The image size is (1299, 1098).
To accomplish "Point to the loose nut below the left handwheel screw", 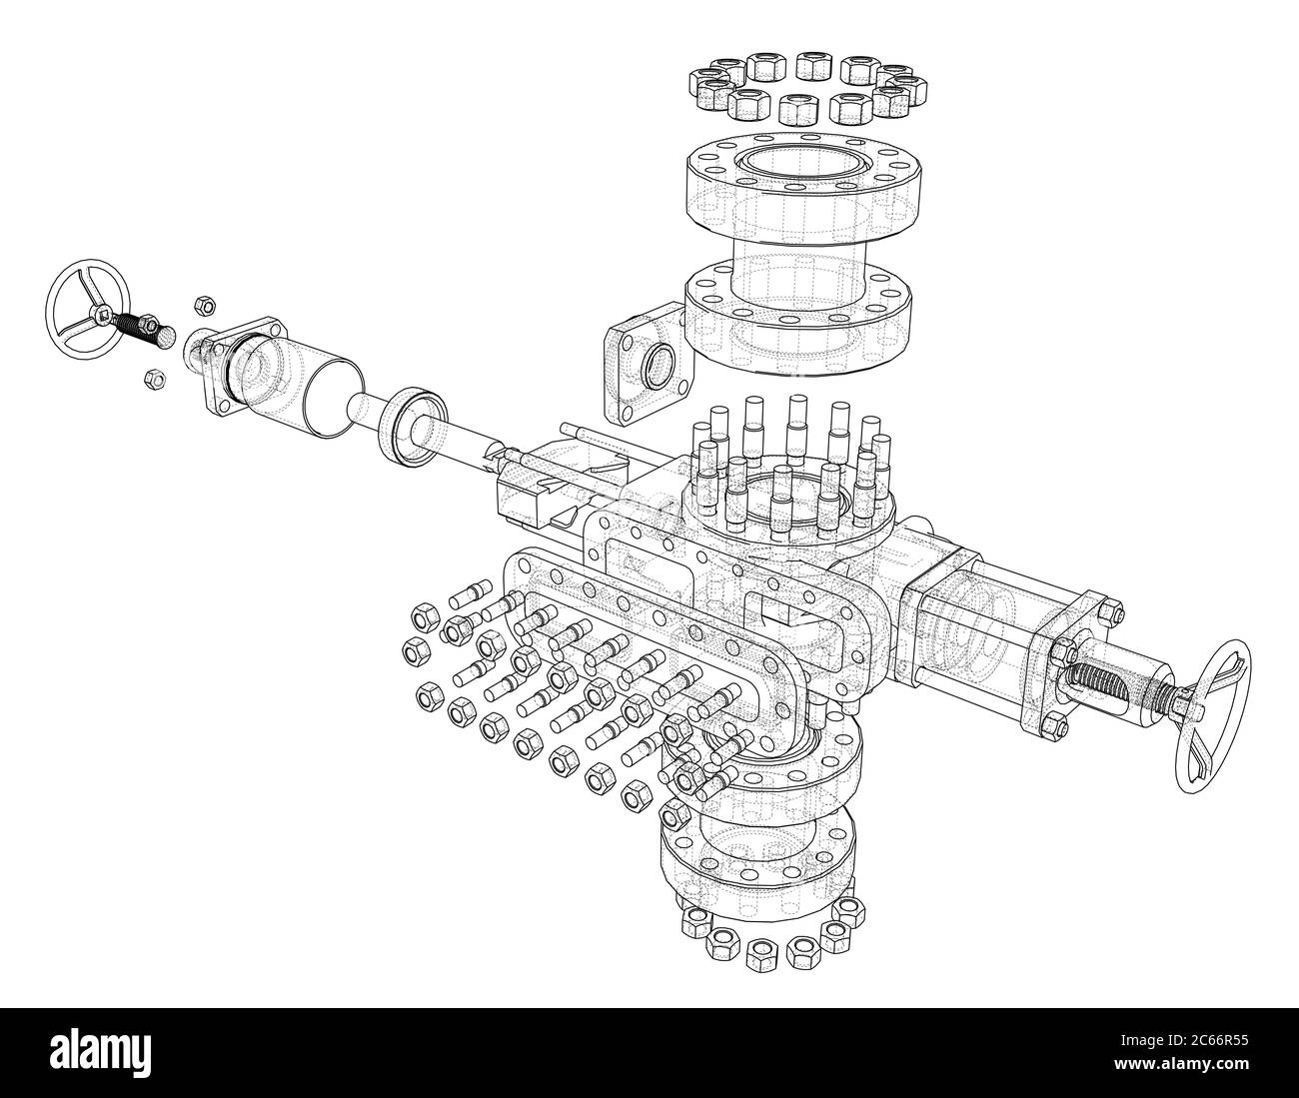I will click(155, 378).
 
